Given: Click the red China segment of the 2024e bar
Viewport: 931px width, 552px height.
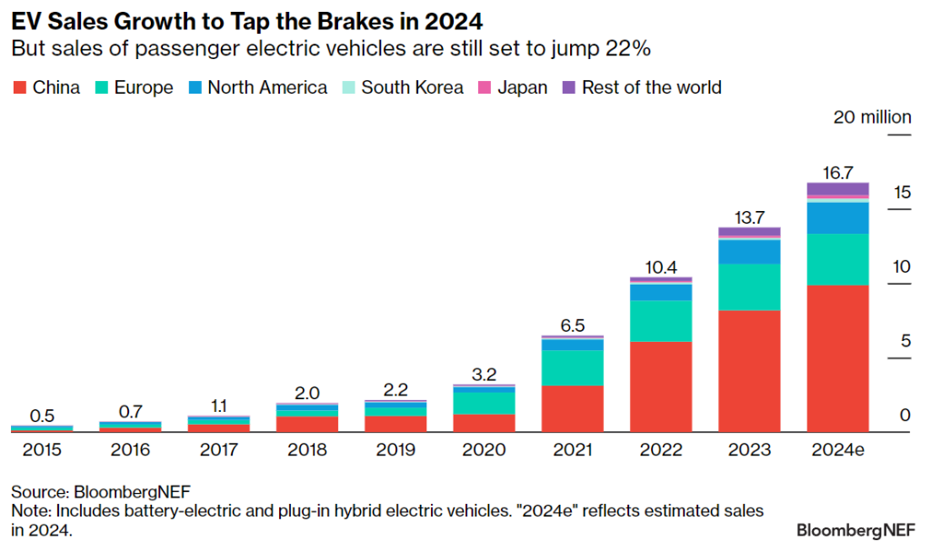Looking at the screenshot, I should coord(837,358).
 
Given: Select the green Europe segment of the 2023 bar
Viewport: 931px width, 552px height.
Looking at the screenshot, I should coord(749,287).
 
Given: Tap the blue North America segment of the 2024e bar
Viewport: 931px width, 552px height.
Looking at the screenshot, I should coord(837,217).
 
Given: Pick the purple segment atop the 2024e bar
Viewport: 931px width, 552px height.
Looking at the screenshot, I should coord(837,189).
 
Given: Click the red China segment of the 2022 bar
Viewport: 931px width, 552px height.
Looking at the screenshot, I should coord(661,386).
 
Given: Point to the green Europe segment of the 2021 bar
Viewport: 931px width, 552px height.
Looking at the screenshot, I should coord(572,367).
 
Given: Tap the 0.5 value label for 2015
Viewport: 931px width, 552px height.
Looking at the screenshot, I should coord(42,416).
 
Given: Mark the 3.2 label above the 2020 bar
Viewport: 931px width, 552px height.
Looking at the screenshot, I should coord(484,374).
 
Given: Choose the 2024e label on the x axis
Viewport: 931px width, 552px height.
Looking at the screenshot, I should coord(837,450).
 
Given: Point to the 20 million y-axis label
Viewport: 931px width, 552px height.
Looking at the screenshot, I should coord(872,117).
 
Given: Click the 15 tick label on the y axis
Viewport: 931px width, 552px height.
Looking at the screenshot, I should coord(902,192).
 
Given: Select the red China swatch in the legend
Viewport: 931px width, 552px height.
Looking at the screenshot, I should coord(19,88).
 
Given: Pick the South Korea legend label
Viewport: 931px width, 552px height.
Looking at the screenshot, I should coord(412,88).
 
